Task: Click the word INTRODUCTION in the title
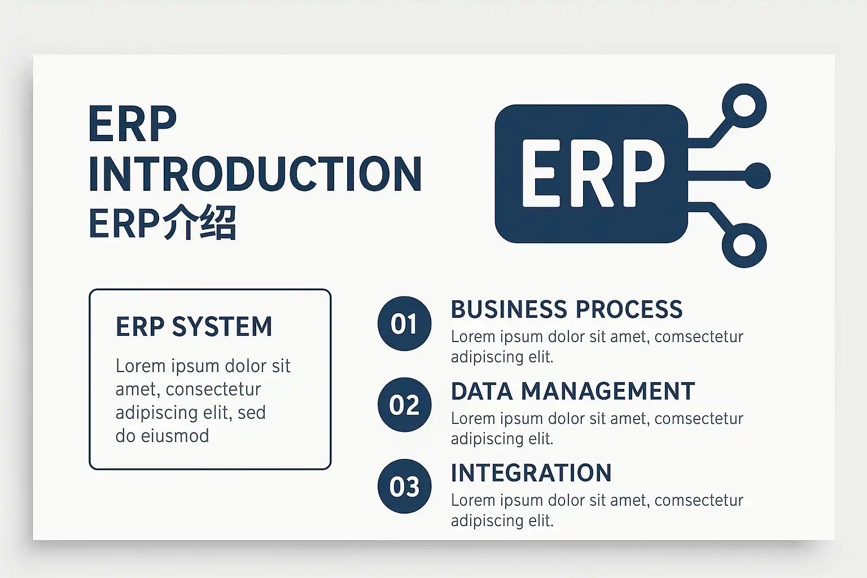point(255,174)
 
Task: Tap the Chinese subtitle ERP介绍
point(163,224)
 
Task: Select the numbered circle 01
point(404,323)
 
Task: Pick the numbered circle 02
point(404,405)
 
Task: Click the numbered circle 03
point(404,486)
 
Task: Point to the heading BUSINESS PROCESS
point(566,309)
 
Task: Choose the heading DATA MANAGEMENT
point(572,391)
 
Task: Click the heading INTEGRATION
point(531,473)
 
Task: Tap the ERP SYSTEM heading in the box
point(194,326)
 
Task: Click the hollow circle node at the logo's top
point(744,106)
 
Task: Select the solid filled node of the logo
point(757,176)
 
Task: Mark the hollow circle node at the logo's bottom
point(744,245)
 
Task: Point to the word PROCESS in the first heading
point(629,309)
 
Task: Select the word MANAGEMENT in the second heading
point(607,391)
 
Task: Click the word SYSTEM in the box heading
point(222,326)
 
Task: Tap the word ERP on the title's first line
point(133,124)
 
